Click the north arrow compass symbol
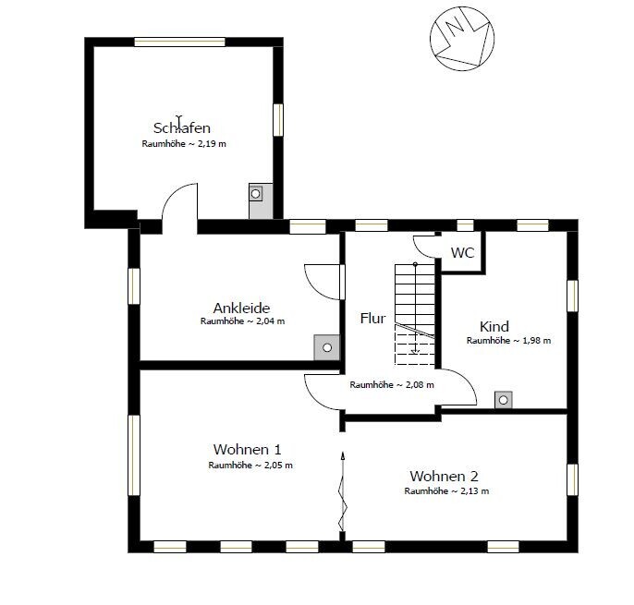462,39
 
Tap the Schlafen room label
182,127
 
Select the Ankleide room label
241,308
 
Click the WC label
462,252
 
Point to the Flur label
372,318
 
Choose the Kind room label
494,326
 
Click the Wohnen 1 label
247,450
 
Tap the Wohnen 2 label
444,476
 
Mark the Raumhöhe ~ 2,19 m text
184,144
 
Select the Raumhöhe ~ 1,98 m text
508,341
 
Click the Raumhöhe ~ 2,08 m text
392,385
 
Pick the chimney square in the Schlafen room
255,194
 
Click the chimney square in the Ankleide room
327,347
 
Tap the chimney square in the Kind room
504,400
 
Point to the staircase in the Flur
415,315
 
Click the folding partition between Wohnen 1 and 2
343,495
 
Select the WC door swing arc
420,249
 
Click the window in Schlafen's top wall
179,42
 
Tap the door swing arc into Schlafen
172,193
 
